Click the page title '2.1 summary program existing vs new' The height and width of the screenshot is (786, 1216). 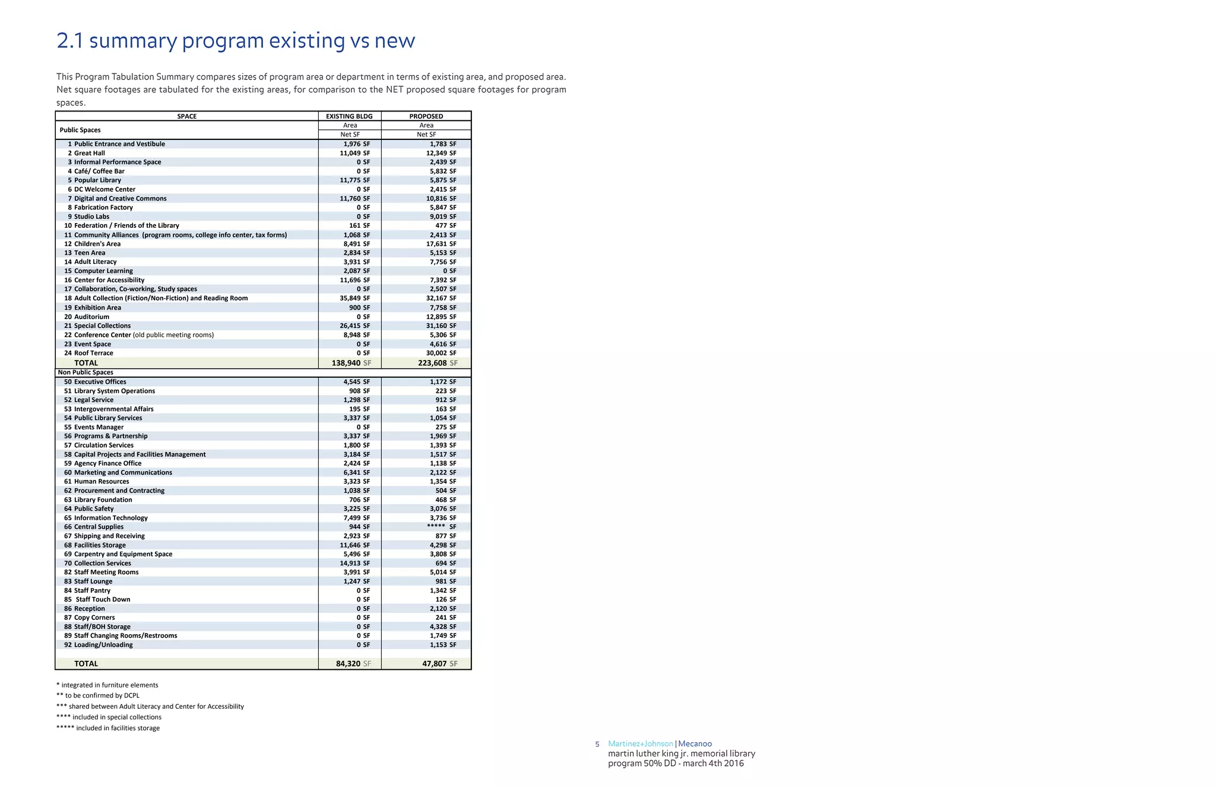click(236, 41)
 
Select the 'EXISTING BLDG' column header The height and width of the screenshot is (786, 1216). click(349, 116)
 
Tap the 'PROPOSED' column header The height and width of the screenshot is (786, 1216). click(426, 116)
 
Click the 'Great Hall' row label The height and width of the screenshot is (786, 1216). click(90, 153)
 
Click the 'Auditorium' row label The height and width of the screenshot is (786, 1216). click(91, 317)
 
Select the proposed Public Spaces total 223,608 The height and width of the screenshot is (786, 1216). click(432, 363)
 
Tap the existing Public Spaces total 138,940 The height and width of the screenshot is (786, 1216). click(347, 363)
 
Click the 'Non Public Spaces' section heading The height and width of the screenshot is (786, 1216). click(85, 373)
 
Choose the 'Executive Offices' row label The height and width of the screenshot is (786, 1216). click(100, 382)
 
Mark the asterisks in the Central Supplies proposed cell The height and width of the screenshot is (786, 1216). click(436, 527)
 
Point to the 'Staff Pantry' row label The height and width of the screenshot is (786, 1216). click(92, 590)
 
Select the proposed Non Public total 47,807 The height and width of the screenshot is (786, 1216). click(435, 664)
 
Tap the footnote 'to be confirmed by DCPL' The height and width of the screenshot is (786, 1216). click(102, 696)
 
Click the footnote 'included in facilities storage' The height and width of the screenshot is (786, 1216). click(118, 728)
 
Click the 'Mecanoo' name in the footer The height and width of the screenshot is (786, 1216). click(695, 744)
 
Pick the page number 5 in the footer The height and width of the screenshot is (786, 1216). click(597, 744)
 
